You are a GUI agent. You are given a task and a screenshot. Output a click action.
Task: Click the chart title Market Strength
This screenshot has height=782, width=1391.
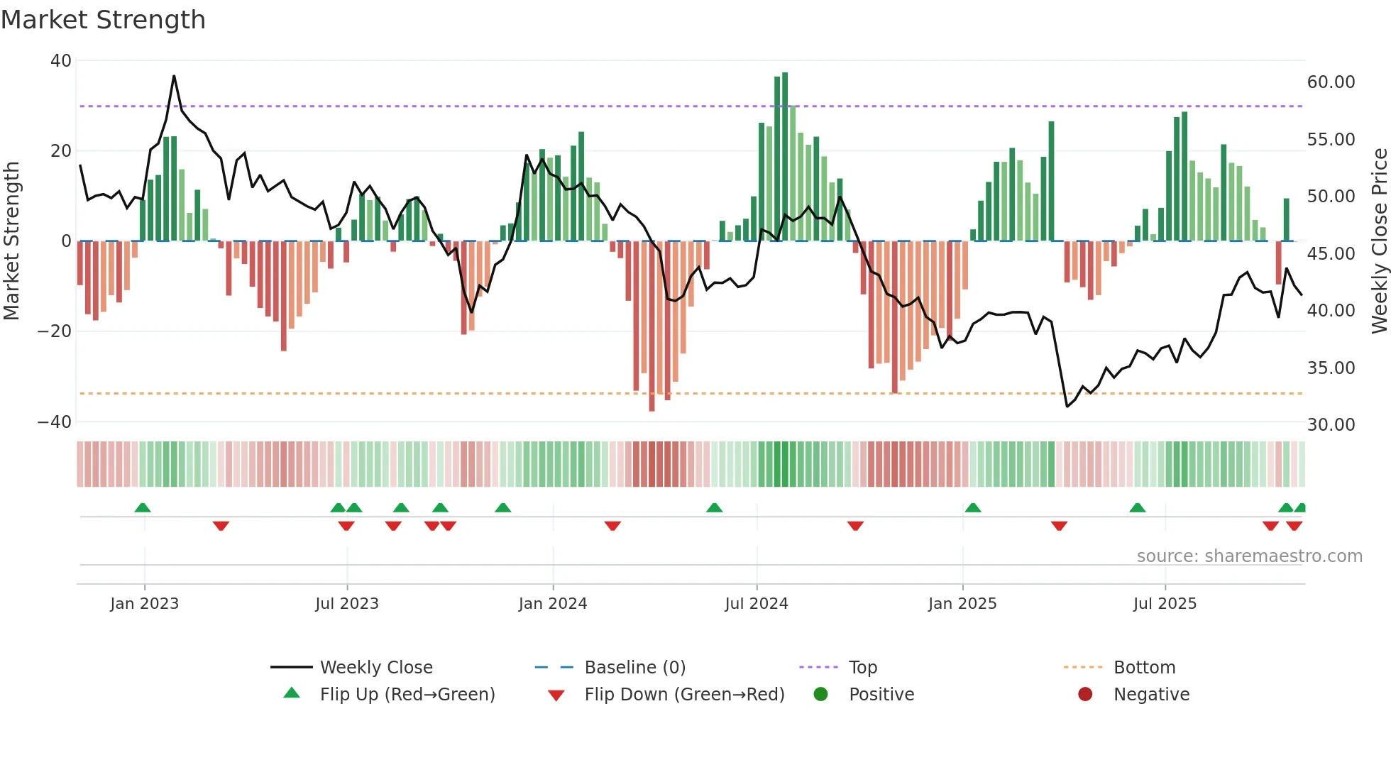point(103,20)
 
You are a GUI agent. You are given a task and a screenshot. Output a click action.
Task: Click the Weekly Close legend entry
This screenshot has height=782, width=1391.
point(375,667)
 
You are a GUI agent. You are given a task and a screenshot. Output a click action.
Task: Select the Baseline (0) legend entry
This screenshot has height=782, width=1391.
point(634,667)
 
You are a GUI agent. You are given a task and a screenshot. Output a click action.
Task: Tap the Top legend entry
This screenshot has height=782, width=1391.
point(862,667)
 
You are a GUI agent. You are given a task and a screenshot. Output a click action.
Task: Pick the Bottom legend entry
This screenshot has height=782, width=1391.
point(1143,667)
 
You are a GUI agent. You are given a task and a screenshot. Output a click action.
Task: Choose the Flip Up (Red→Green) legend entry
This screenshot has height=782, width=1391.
point(407,694)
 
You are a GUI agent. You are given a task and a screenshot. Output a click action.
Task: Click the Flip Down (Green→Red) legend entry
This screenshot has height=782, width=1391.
point(683,694)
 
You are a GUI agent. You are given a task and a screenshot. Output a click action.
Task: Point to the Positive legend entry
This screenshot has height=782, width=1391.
point(881,694)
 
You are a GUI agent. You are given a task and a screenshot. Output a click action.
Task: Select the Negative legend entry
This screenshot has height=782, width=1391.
point(1150,694)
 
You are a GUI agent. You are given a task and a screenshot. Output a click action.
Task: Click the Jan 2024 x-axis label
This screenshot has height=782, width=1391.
point(552,604)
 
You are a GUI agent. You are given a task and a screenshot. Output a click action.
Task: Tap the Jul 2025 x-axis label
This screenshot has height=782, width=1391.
point(1165,604)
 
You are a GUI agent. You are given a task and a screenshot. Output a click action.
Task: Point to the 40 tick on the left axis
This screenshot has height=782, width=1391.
point(61,61)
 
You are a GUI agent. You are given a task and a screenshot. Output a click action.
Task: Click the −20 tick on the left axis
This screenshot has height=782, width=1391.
point(55,331)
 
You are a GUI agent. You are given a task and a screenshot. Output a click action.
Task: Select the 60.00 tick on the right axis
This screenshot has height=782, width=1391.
point(1331,82)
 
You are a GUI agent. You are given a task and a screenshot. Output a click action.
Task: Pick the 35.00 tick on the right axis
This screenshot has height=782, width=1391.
point(1331,368)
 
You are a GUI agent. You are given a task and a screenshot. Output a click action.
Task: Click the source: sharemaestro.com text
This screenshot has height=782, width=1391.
point(1249,556)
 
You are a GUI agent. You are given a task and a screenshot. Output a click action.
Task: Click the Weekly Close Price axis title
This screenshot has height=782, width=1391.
point(1379,241)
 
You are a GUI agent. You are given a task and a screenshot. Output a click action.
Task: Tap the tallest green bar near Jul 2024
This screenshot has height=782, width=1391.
point(785,156)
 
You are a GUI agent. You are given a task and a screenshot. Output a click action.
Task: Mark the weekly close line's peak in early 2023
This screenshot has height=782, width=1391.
point(174,76)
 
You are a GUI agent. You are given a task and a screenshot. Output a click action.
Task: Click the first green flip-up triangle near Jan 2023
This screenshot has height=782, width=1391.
point(143,507)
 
